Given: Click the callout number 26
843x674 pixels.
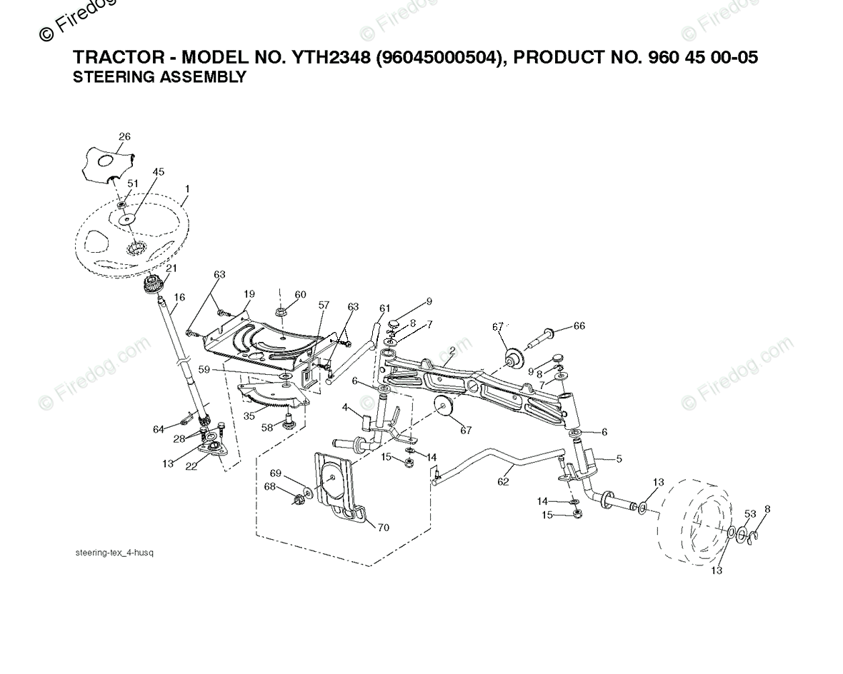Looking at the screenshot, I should point(124,136).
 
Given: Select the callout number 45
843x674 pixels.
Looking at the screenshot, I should point(158,172).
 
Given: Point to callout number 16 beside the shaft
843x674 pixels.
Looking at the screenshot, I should point(179,296).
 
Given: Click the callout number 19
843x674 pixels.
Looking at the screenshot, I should point(249,293).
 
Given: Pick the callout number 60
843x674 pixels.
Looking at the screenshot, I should point(300,295).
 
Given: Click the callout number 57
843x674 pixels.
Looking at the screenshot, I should point(324,305).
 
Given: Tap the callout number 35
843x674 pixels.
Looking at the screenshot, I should point(249,415).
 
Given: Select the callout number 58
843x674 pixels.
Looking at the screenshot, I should point(266,428).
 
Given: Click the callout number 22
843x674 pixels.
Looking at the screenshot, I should point(191,466).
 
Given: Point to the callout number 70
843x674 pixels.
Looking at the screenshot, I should point(384,528).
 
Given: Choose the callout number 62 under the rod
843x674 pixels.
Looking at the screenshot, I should point(503,482).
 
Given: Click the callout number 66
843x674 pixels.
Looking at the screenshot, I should point(579,326).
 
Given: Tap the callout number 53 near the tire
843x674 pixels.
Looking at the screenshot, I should point(749,514).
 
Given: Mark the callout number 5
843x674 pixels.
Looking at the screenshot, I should point(619,459).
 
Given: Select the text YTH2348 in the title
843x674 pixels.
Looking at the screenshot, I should point(325,58).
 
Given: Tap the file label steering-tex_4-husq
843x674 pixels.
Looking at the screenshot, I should point(114,553).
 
